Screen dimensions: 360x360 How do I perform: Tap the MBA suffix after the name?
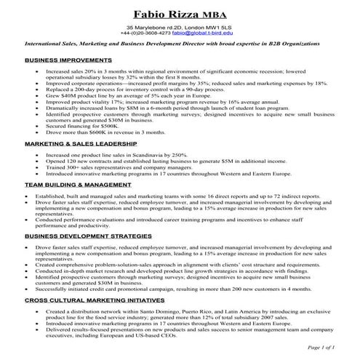coord(216,15)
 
